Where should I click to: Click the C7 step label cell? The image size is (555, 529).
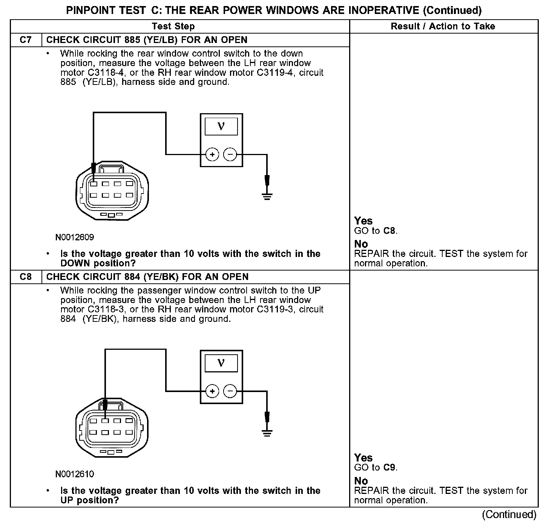(26, 40)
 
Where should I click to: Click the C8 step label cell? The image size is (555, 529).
(26, 277)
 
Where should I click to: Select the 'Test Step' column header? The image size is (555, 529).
(173, 26)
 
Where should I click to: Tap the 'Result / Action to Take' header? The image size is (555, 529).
(443, 26)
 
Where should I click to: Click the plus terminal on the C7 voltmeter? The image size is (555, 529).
(212, 154)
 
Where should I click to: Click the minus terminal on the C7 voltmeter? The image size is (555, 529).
(230, 154)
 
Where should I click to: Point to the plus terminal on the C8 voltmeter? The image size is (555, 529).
(212, 391)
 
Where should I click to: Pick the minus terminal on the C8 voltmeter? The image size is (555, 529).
(230, 391)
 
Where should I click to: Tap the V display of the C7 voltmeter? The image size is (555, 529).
(221, 126)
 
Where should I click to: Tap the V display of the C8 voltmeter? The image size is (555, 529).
(221, 363)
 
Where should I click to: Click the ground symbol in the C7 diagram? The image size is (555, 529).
(267, 196)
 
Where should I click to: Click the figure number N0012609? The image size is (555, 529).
(75, 237)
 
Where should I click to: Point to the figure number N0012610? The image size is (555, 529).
(75, 474)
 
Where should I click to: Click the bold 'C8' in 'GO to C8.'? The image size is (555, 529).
(389, 231)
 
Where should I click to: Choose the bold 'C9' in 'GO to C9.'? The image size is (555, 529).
(389, 467)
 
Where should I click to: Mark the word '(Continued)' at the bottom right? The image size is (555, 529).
(509, 515)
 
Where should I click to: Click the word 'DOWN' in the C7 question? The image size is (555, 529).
(75, 263)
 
